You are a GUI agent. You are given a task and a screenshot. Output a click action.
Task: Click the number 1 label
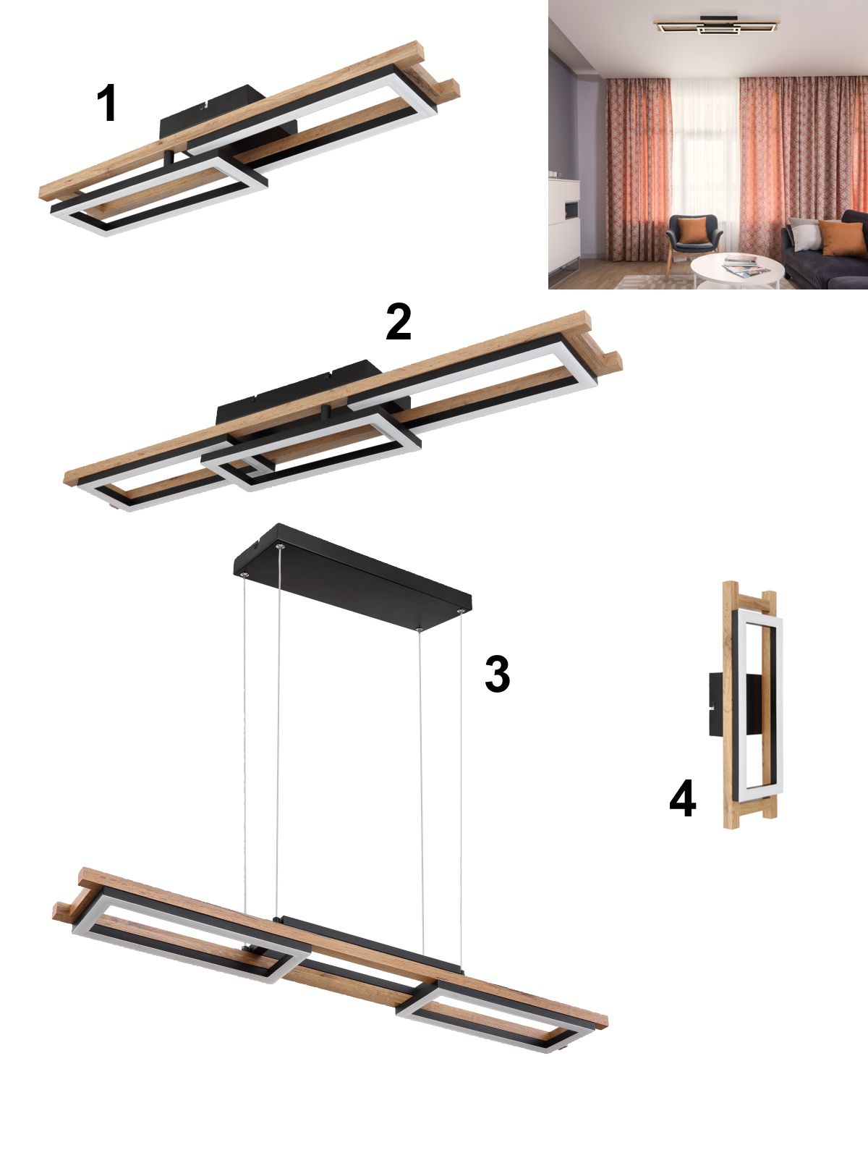[107, 103]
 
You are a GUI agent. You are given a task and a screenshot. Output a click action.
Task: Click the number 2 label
[399, 322]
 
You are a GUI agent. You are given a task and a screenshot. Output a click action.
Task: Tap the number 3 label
[497, 674]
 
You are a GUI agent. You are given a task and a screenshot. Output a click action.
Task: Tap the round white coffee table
[737, 271]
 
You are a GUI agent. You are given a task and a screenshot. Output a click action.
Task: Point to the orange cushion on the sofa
[842, 238]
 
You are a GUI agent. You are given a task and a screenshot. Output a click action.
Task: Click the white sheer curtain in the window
[705, 159]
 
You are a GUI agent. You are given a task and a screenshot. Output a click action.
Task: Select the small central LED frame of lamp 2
[311, 450]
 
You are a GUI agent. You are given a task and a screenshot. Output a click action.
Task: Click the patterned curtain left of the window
[639, 169]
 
